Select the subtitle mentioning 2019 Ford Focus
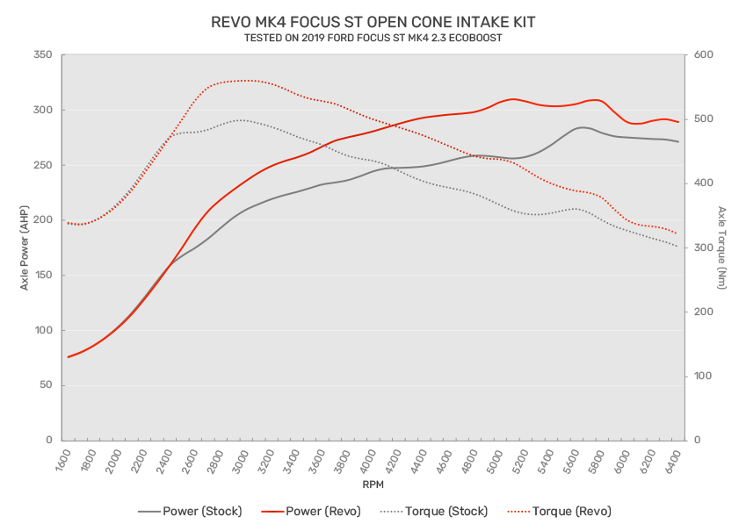coord(373,38)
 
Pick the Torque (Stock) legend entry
coord(430,511)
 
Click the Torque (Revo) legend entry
coord(560,511)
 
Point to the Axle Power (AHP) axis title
coord(24,248)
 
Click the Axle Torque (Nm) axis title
coord(722,248)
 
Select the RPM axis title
coord(373,484)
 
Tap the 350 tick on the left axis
coord(42,55)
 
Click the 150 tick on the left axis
coord(42,276)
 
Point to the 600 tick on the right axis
coord(705,55)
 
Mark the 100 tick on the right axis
coord(705,377)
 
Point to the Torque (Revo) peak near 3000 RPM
coord(247,81)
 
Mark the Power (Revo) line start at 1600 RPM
coord(69,357)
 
